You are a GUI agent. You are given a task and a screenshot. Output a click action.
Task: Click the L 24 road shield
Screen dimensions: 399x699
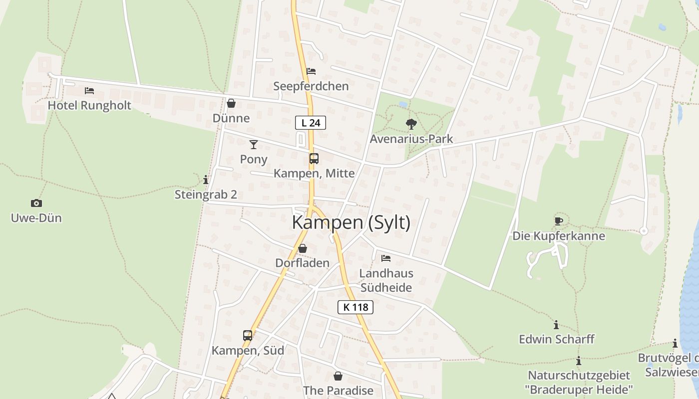coord(311,123)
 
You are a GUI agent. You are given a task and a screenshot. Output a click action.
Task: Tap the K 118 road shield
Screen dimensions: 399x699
coord(355,307)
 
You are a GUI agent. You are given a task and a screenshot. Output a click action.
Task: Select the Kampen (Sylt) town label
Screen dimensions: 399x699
coord(351,222)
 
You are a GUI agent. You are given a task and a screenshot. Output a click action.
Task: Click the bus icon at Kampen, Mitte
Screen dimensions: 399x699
coord(314,159)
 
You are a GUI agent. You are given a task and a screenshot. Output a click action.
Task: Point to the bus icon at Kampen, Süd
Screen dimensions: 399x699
coord(248,335)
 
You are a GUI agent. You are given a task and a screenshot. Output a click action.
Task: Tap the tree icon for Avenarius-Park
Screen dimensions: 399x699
coord(411,124)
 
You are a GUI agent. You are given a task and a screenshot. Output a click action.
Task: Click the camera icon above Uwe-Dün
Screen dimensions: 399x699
coord(36,203)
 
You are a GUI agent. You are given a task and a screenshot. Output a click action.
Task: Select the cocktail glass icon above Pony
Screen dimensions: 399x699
coord(254,145)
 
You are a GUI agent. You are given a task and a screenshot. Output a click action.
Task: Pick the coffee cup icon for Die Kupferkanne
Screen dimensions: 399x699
coord(558,221)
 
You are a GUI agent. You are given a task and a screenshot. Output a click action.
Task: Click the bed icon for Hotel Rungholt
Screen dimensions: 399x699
coord(89,91)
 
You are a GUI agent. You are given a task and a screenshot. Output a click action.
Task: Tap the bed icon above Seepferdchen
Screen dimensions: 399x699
coord(311,71)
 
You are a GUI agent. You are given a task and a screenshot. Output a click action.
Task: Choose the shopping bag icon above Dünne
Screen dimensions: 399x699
coord(231,103)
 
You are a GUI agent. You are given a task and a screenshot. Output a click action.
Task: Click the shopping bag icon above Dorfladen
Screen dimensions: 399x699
coord(303,248)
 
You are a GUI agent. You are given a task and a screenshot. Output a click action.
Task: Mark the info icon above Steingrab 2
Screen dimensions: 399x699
coord(206,180)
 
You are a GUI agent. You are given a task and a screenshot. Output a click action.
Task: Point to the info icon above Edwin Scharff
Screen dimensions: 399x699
coord(556,325)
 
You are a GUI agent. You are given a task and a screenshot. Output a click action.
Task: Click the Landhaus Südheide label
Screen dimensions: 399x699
coord(386,280)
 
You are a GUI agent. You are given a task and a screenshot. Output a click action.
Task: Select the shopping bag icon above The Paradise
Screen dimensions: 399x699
coord(338,376)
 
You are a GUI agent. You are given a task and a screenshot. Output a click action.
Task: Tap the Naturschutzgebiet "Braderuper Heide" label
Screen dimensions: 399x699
coord(579,382)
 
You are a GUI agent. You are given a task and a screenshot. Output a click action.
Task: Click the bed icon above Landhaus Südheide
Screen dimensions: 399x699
coord(386,258)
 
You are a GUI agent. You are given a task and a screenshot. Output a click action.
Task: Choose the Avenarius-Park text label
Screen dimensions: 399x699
coord(411,139)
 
